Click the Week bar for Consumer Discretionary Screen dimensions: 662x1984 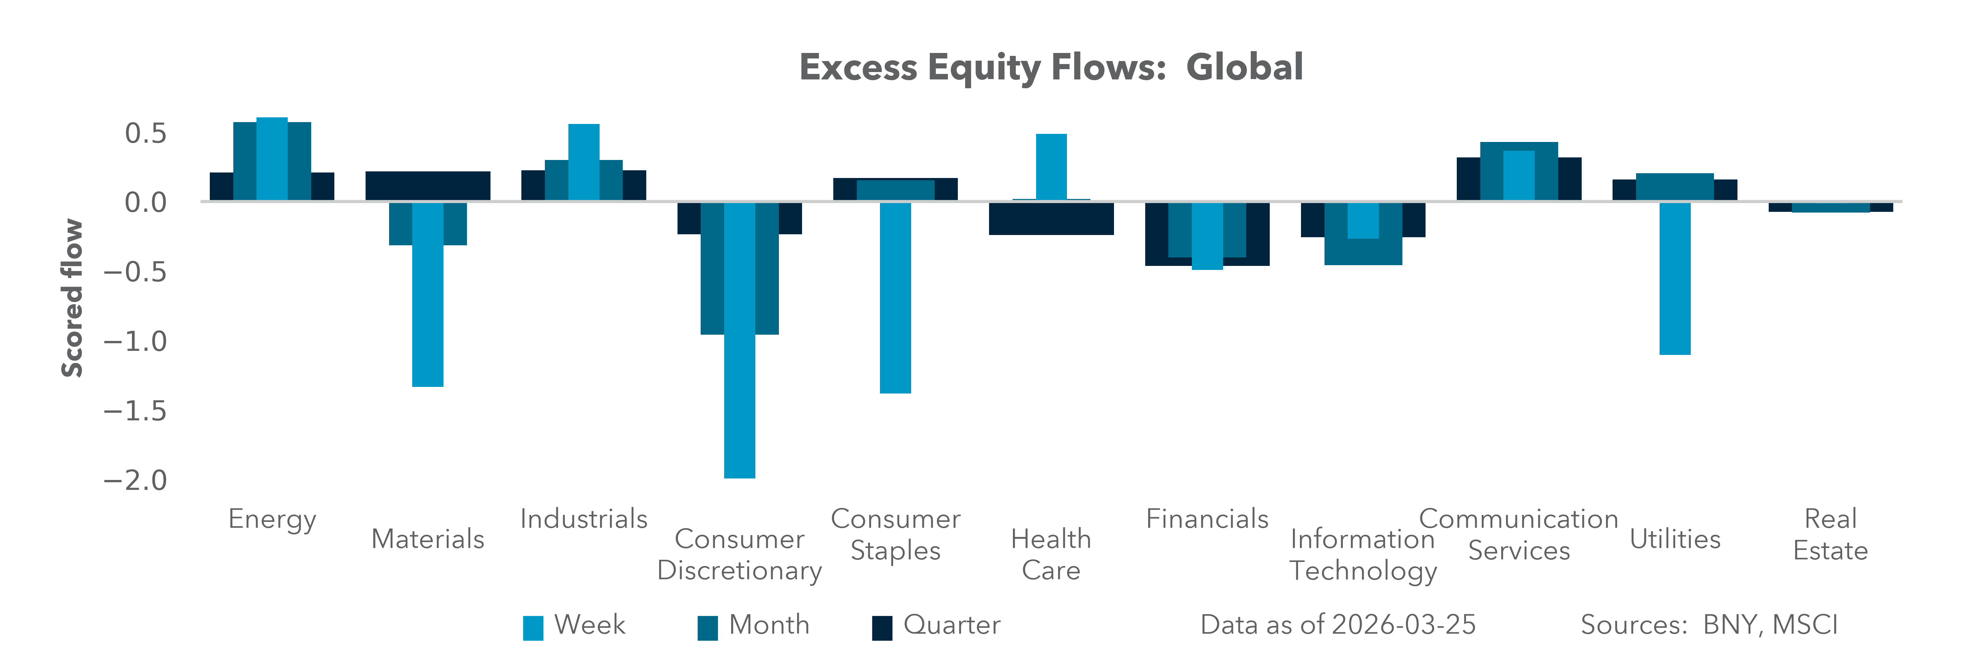click(x=739, y=339)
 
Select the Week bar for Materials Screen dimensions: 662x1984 click(x=427, y=293)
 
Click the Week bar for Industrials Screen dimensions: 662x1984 click(x=584, y=162)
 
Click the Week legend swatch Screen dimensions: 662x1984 click(x=533, y=627)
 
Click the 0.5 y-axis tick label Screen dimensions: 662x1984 click(x=145, y=134)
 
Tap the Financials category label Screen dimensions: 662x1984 click(x=1207, y=519)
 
